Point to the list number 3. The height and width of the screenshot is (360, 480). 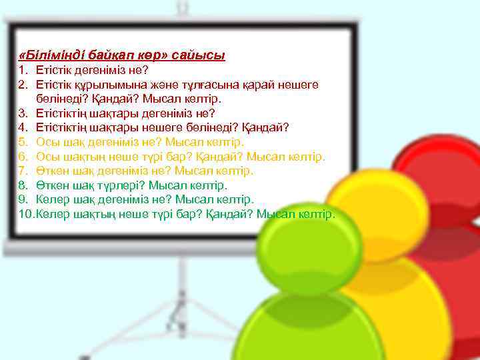[x=22, y=113]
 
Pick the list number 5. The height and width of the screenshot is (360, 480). [x=22, y=142]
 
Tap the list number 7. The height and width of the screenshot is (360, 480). [x=22, y=171]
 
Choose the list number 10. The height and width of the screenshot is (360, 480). [x=25, y=214]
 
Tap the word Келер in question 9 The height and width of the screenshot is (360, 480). [x=51, y=199]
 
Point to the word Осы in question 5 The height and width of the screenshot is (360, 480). [x=47, y=142]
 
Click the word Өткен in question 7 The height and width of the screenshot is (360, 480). [x=51, y=171]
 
